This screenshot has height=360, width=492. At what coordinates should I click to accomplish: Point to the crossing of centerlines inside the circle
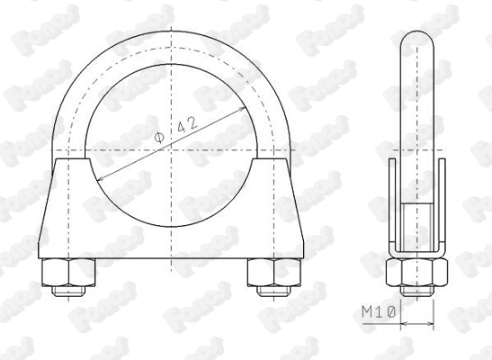(x=169, y=148)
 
